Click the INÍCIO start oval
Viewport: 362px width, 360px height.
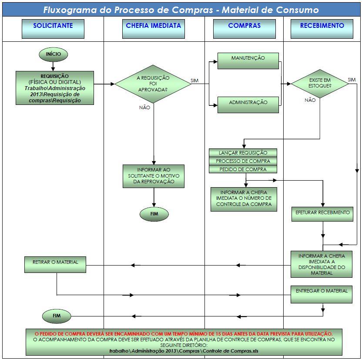[53, 54]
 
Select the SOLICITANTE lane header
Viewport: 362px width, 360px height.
[53, 26]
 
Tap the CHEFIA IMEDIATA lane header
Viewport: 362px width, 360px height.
[153, 26]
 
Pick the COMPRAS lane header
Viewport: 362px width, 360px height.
[244, 26]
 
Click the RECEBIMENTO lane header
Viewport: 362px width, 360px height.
[322, 26]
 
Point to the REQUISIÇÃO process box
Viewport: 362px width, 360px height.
[55, 87]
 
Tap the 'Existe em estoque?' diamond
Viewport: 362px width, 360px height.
[319, 84]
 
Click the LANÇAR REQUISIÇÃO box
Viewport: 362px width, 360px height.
[244, 153]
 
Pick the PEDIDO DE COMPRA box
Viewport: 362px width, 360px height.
[244, 169]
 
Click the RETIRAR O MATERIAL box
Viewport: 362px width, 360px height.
[55, 263]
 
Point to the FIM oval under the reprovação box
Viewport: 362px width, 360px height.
[154, 214]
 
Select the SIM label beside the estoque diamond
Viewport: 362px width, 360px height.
[352, 80]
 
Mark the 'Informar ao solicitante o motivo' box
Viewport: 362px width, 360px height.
[154, 176]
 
